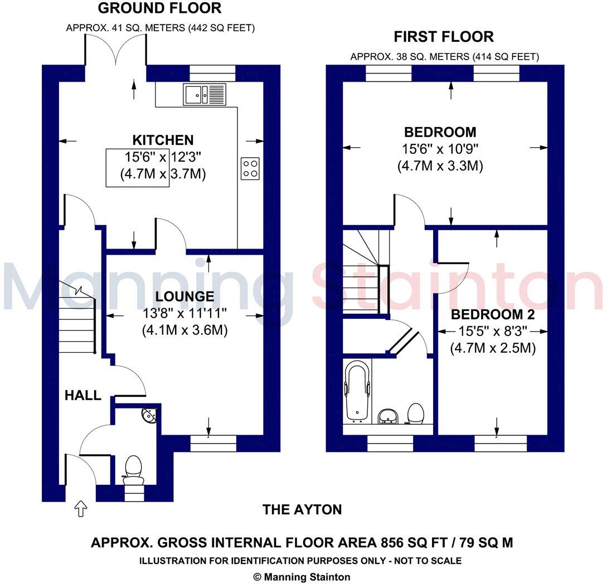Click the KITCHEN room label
(163, 140)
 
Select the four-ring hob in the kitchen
(250, 168)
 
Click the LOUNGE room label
(184, 296)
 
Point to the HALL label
(83, 396)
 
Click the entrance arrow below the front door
(81, 508)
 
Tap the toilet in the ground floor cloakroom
(133, 468)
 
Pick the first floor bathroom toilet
(414, 413)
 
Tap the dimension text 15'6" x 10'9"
(440, 149)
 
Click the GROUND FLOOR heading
(159, 8)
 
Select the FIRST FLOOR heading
(444, 37)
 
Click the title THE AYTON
(302, 509)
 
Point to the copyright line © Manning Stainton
(303, 577)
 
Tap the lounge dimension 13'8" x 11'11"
(184, 314)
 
